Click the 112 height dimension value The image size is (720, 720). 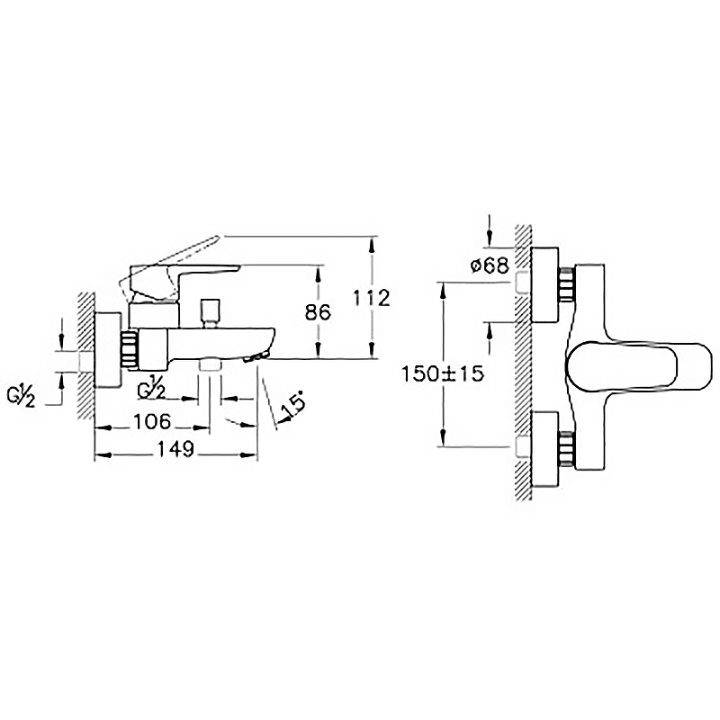click(x=372, y=298)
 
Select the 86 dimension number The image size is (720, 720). click(x=318, y=312)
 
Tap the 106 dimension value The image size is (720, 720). click(x=152, y=421)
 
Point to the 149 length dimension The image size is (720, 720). click(x=175, y=449)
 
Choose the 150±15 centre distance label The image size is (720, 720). click(x=443, y=373)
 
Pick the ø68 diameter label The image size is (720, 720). click(x=490, y=265)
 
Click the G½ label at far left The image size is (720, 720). click(x=21, y=398)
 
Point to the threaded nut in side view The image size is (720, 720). click(x=130, y=349)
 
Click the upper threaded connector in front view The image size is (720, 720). click(x=567, y=283)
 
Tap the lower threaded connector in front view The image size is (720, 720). click(x=567, y=450)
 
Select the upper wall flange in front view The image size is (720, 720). click(x=545, y=285)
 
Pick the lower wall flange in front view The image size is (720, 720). click(x=545, y=449)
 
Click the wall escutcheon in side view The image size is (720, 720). click(x=108, y=349)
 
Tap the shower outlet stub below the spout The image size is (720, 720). click(x=210, y=365)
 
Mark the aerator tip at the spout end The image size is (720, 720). click(x=256, y=356)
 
